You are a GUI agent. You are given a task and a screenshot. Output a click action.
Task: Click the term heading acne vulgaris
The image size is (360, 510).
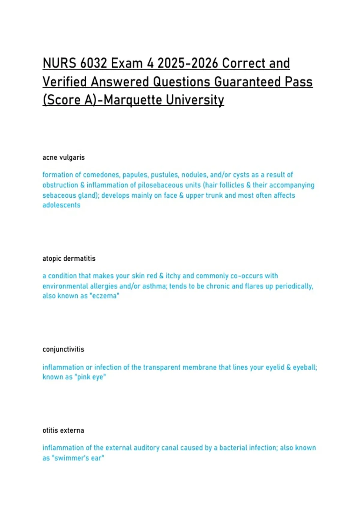pyautogui.click(x=64, y=157)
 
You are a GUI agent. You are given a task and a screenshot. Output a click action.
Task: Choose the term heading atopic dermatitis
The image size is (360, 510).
pyautogui.click(x=69, y=259)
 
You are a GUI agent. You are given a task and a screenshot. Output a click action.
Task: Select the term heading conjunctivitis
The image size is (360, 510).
pyautogui.click(x=63, y=349)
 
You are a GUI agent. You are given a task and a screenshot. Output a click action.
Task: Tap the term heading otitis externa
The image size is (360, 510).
pyautogui.click(x=63, y=430)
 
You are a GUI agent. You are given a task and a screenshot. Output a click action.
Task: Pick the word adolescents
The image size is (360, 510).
pyautogui.click(x=61, y=205)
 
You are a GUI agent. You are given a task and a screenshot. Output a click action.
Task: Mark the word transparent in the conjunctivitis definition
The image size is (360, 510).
pyautogui.click(x=162, y=367)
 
